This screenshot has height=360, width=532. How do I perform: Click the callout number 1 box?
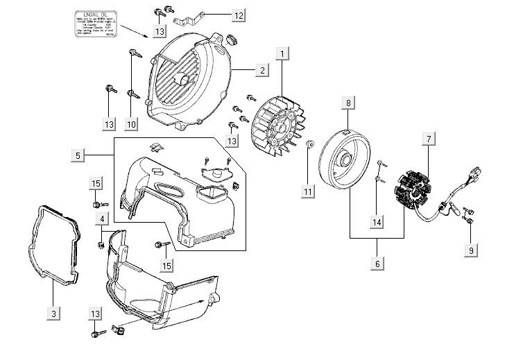(x=282, y=53)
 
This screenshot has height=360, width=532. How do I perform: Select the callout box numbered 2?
(x=261, y=70)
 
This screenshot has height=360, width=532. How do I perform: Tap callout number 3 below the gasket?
(x=53, y=314)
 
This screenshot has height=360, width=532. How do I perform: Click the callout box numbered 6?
(x=378, y=263)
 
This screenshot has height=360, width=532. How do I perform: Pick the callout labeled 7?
(x=429, y=139)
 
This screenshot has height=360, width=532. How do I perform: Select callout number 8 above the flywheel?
(x=349, y=103)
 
